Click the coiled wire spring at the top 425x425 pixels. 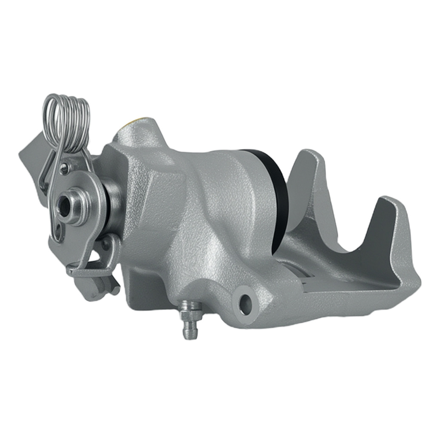[68, 123]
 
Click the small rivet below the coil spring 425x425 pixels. [65, 168]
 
